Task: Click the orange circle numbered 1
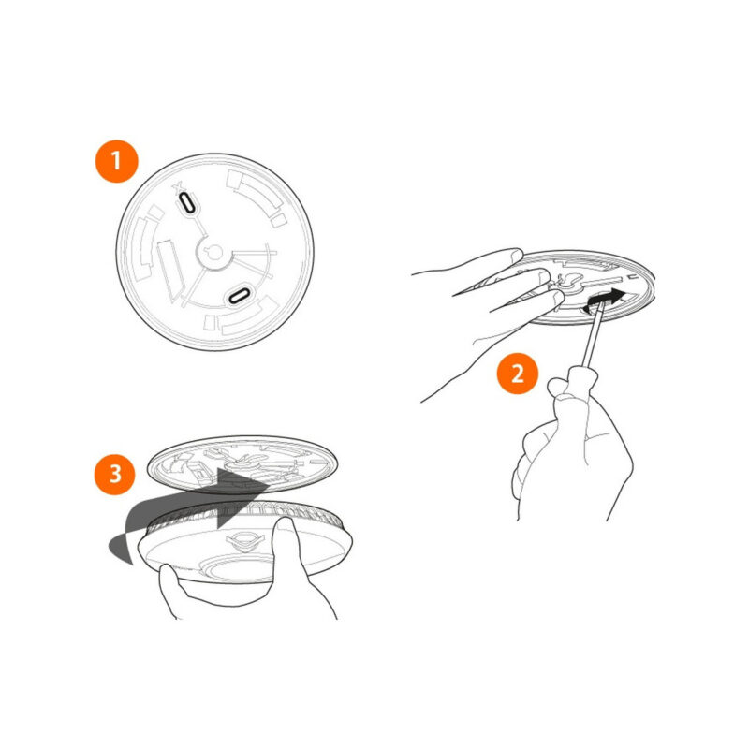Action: (116, 161)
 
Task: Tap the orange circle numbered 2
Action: (518, 373)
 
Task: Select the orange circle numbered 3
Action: (115, 474)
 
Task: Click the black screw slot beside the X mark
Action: (186, 202)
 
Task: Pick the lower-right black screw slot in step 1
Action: (239, 296)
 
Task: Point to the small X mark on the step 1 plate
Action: (177, 188)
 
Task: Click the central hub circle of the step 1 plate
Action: (214, 252)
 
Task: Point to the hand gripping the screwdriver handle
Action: (573, 444)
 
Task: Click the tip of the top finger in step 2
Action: (519, 253)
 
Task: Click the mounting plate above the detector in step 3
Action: (242, 464)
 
